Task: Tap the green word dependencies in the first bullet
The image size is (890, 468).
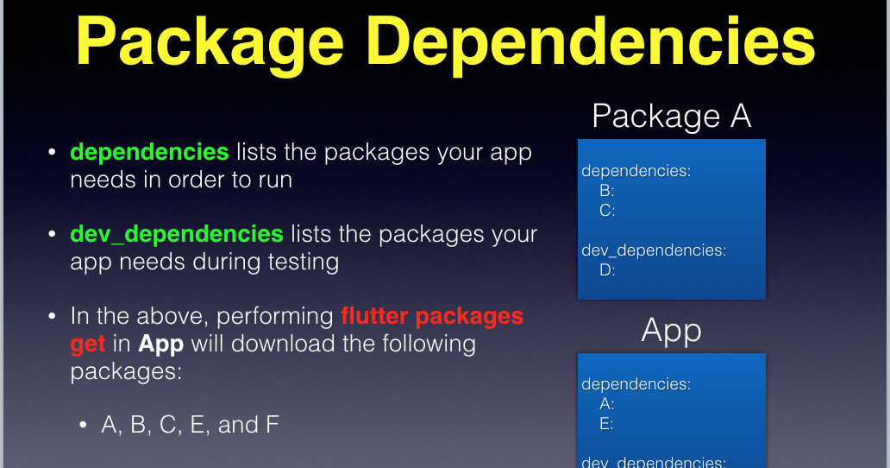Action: point(149,152)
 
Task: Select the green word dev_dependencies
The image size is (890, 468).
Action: point(177,234)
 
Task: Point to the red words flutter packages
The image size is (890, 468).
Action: point(432,316)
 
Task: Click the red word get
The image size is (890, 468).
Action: point(88,344)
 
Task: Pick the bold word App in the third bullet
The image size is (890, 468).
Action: point(161,344)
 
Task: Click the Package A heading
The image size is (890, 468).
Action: point(672,116)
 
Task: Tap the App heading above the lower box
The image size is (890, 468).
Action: point(672,330)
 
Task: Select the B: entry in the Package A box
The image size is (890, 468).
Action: point(607,191)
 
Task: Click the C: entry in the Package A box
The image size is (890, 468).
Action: point(607,210)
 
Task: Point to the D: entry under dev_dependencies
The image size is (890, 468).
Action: point(607,270)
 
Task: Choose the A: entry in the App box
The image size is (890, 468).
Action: point(607,404)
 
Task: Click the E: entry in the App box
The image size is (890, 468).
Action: point(607,423)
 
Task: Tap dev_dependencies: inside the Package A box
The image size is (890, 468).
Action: point(654,250)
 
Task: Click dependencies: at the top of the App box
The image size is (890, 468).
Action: point(636,384)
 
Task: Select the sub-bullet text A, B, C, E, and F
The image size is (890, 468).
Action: point(190,425)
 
